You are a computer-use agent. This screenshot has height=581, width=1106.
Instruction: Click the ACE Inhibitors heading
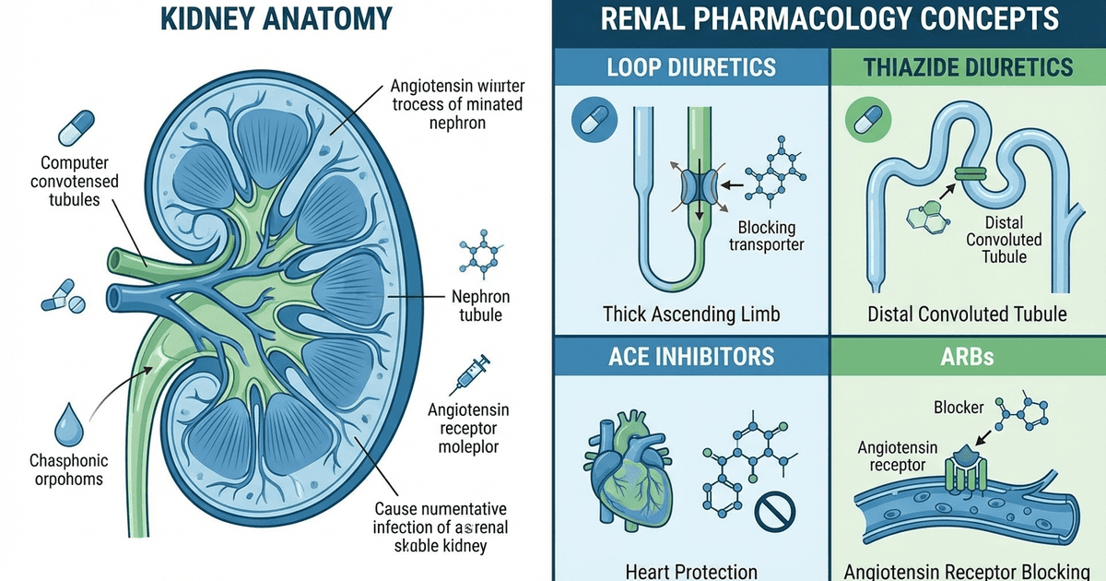coord(690,356)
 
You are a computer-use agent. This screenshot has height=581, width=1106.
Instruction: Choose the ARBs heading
coord(968,356)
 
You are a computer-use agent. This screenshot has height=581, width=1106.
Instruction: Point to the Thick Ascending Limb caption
coord(690,314)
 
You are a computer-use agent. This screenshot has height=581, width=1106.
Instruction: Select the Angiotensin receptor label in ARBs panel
coord(898,456)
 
